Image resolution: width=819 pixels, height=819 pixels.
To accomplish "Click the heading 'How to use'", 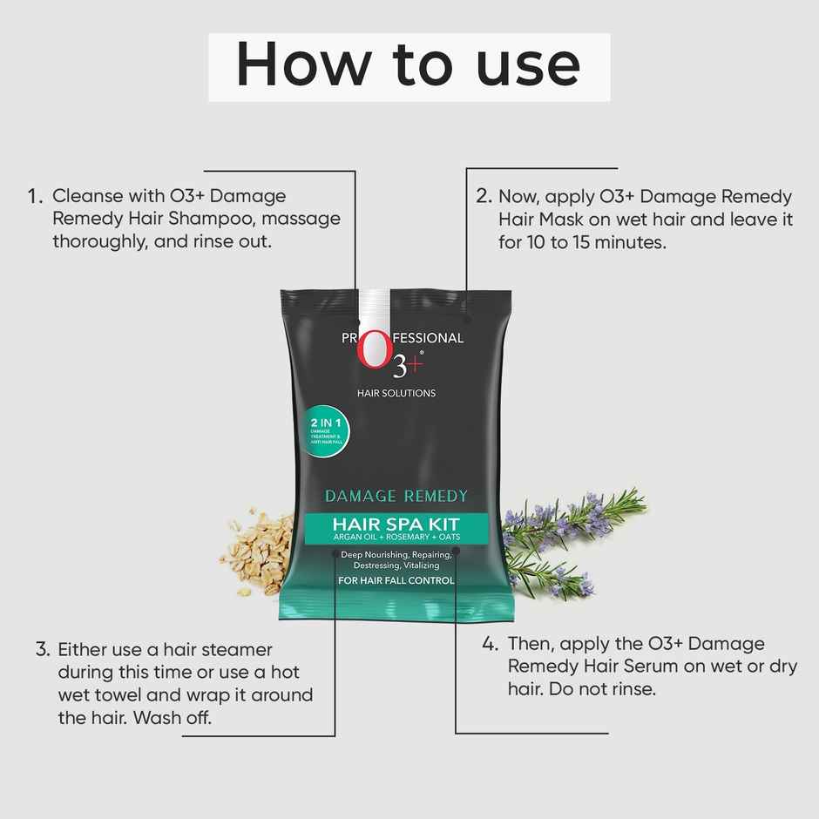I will click(x=408, y=66).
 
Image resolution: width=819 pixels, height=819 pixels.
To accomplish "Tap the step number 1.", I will click(x=35, y=197).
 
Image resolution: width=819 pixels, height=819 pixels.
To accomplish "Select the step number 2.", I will click(x=484, y=197).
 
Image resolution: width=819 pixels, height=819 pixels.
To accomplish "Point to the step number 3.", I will click(x=42, y=650).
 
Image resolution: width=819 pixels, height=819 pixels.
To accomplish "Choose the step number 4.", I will click(x=491, y=645).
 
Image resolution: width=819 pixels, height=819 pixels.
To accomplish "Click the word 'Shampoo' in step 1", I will click(x=213, y=220).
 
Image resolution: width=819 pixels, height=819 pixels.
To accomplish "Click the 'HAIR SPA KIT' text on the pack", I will click(x=396, y=525).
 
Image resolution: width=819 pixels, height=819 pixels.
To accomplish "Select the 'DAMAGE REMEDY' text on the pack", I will click(x=396, y=497).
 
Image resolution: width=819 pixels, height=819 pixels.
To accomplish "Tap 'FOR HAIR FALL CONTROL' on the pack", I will click(x=396, y=580).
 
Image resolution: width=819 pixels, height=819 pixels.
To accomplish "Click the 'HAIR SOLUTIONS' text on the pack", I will click(x=396, y=393).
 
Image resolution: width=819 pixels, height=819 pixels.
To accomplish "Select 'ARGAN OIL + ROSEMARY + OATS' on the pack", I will click(x=396, y=538).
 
